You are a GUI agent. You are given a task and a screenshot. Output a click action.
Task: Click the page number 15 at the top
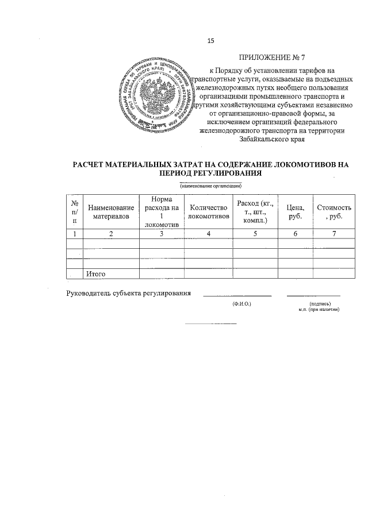pyautogui.click(x=210, y=40)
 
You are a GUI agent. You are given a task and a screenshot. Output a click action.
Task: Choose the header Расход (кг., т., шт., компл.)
pyautogui.click(x=254, y=211)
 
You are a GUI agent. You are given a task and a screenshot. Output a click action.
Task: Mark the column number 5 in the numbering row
pyautogui.click(x=254, y=233)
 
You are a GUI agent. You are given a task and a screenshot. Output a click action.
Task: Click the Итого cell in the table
pyautogui.click(x=95, y=274)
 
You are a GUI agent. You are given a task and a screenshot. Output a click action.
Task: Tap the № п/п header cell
pyautogui.click(x=75, y=211)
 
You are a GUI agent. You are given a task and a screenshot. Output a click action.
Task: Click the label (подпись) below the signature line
pyautogui.click(x=319, y=303)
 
